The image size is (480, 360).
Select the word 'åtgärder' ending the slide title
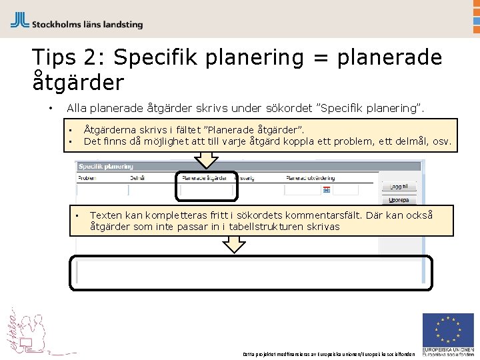[x=78, y=83]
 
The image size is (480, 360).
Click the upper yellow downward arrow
[x=208, y=159]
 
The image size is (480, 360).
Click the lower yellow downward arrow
[x=234, y=244]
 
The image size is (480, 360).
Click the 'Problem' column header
[x=87, y=179]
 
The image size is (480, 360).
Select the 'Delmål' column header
[x=137, y=179]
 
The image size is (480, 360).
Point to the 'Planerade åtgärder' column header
[x=205, y=179]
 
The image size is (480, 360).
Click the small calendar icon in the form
[x=326, y=190]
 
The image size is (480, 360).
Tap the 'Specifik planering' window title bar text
[x=106, y=166]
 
